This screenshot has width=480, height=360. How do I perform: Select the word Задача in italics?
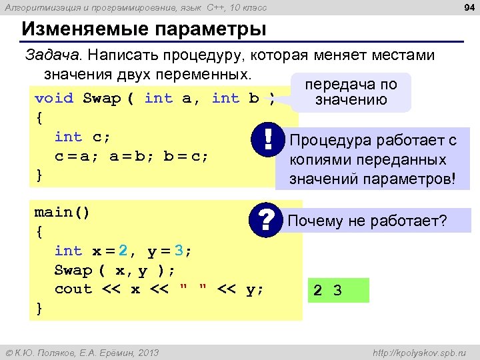pos(53,55)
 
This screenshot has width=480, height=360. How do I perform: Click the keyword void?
pos(54,99)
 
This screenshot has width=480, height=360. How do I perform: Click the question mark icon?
pos(267,219)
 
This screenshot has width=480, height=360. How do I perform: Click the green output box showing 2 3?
pos(337,290)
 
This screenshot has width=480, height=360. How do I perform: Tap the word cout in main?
pos(73,289)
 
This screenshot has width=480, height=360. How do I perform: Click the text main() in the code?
pos(62,212)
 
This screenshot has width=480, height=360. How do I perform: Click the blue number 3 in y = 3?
pos(179,251)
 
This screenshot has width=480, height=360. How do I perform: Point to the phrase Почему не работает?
pos(367,221)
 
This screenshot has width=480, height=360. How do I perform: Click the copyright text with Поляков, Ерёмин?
pos(82,353)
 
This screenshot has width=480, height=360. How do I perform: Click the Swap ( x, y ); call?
pos(115,270)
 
